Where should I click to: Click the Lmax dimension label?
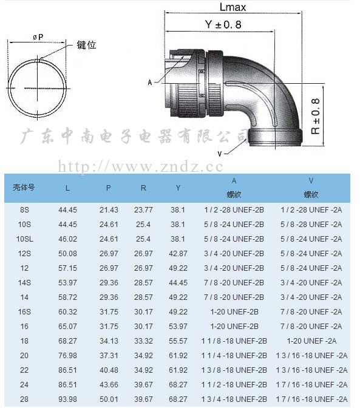point(233,7)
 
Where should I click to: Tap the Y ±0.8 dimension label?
point(223,24)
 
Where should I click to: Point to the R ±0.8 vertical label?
point(316,116)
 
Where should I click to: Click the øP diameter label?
point(38,37)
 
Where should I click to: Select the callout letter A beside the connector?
point(150,83)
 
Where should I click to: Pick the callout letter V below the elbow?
point(220,154)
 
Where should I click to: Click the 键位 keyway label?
point(86,45)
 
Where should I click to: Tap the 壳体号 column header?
point(24,188)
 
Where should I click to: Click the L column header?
point(67,188)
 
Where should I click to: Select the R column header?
point(143,188)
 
